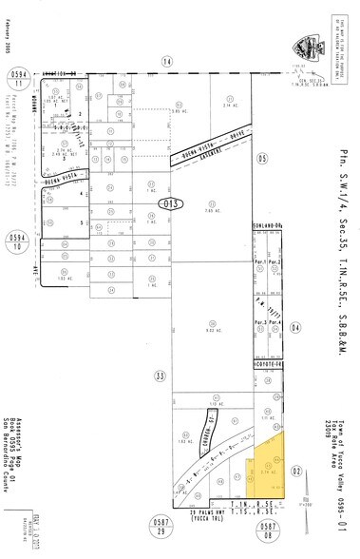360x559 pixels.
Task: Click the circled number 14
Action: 167,62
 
